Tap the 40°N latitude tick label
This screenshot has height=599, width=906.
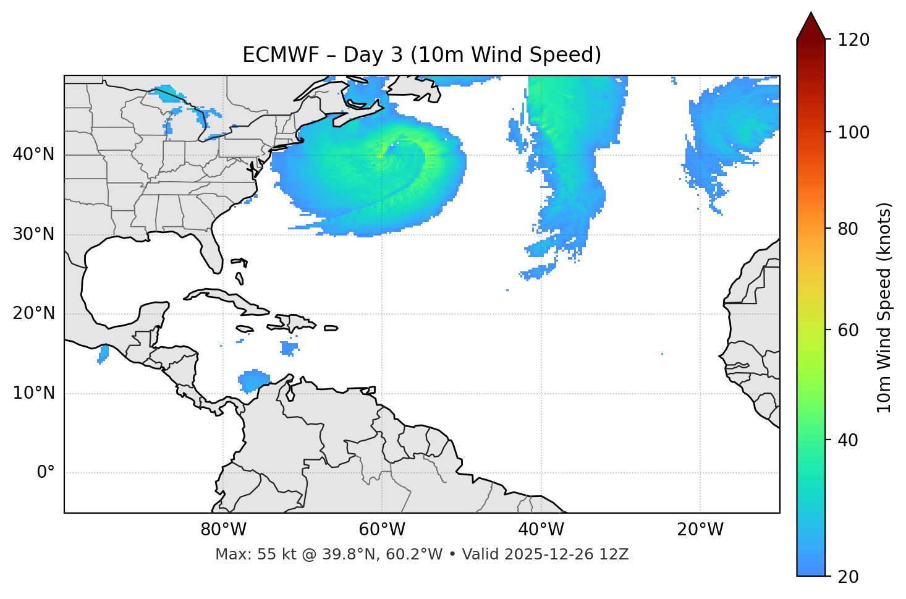[33, 155]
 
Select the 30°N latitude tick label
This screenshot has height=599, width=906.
[33, 234]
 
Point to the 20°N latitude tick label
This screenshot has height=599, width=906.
[33, 313]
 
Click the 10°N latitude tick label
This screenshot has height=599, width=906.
[33, 393]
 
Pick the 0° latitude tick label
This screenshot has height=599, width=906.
[46, 473]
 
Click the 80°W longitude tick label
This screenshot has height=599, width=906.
[223, 530]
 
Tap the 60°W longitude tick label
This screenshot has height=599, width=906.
[382, 530]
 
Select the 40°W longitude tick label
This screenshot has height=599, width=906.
[541, 530]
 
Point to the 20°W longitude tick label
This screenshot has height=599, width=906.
[700, 530]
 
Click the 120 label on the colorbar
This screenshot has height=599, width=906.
[853, 40]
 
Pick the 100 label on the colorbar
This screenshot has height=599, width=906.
[853, 132]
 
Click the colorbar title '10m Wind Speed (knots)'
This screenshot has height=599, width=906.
[884, 308]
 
